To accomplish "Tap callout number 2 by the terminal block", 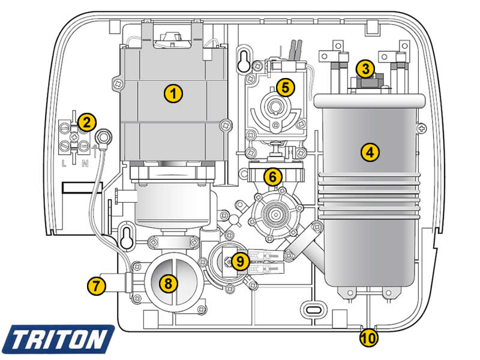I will click(x=88, y=122).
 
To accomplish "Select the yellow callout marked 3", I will click(x=364, y=68).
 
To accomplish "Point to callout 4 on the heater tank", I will click(x=370, y=152).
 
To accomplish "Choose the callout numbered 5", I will click(x=286, y=86).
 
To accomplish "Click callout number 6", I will click(x=272, y=176).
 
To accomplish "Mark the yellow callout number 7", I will click(x=95, y=285).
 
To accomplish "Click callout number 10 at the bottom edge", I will click(x=369, y=337).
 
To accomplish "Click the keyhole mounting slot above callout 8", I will click(x=127, y=235).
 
